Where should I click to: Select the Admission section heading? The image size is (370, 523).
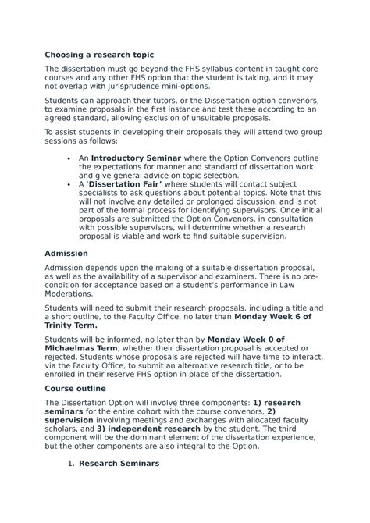click(x=66, y=254)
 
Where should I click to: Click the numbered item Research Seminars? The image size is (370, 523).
click(x=119, y=463)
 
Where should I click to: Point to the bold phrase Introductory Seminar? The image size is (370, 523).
click(x=136, y=158)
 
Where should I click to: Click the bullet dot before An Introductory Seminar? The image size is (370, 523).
click(x=70, y=158)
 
